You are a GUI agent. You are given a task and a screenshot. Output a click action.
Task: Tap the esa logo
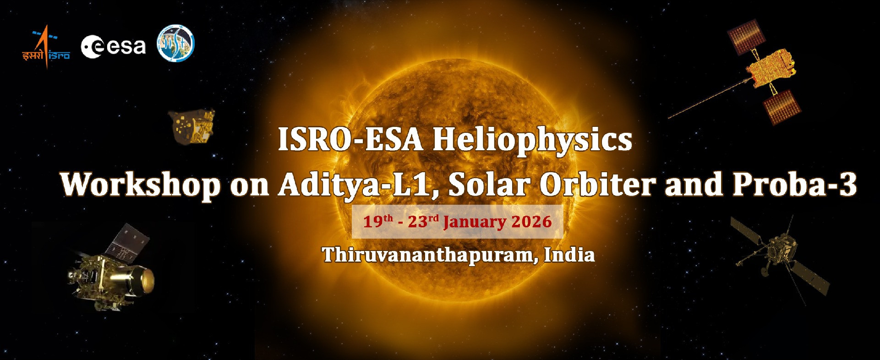(x=113, y=47)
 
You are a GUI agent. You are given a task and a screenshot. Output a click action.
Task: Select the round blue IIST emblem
(x=176, y=44)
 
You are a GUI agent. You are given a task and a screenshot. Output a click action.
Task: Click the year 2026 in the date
(x=531, y=222)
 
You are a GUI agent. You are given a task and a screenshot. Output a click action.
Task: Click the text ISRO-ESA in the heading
(x=350, y=140)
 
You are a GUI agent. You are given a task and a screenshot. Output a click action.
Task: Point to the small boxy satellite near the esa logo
(x=191, y=127)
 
